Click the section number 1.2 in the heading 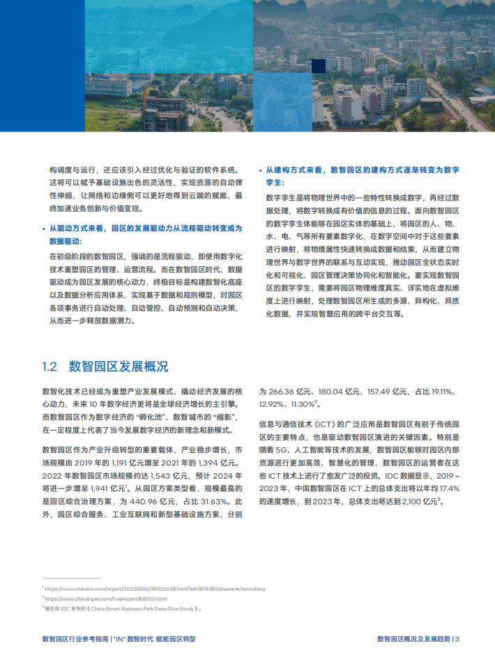(x=49, y=367)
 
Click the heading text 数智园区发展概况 (x=119, y=367)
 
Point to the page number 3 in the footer (x=457, y=638)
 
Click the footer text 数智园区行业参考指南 (x=74, y=638)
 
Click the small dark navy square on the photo (x=319, y=66)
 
